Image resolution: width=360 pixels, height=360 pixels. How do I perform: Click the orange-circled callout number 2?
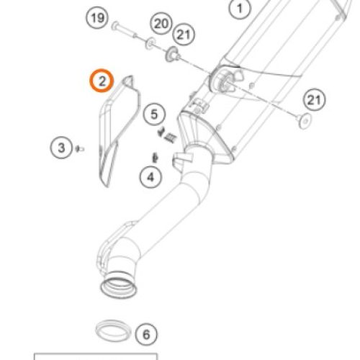(102, 81)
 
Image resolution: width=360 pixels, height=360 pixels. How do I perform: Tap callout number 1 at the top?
(240, 9)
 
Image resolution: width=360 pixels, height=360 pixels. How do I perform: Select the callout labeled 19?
(97, 18)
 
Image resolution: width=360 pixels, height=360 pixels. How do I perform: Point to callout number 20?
(161, 24)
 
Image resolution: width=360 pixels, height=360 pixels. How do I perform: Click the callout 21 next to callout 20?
(184, 35)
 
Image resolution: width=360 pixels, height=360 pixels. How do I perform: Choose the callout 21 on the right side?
(314, 99)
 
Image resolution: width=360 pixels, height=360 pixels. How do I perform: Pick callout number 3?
(61, 148)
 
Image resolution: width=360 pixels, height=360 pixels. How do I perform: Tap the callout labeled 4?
(150, 177)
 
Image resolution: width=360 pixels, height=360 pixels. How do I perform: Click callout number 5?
(154, 114)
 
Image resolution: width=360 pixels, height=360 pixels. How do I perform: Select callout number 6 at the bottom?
(146, 334)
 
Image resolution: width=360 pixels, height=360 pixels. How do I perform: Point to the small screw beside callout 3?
(80, 149)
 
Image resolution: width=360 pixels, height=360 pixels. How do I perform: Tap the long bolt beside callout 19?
(125, 30)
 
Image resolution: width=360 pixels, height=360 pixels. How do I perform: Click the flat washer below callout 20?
(150, 43)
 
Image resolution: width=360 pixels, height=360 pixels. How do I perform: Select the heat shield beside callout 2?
(118, 130)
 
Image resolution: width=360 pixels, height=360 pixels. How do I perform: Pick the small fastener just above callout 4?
(155, 158)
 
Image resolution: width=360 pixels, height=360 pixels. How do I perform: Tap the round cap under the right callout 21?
(305, 121)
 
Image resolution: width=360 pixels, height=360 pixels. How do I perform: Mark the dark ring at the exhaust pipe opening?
(119, 287)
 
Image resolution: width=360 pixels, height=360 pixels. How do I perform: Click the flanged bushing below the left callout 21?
(173, 55)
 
